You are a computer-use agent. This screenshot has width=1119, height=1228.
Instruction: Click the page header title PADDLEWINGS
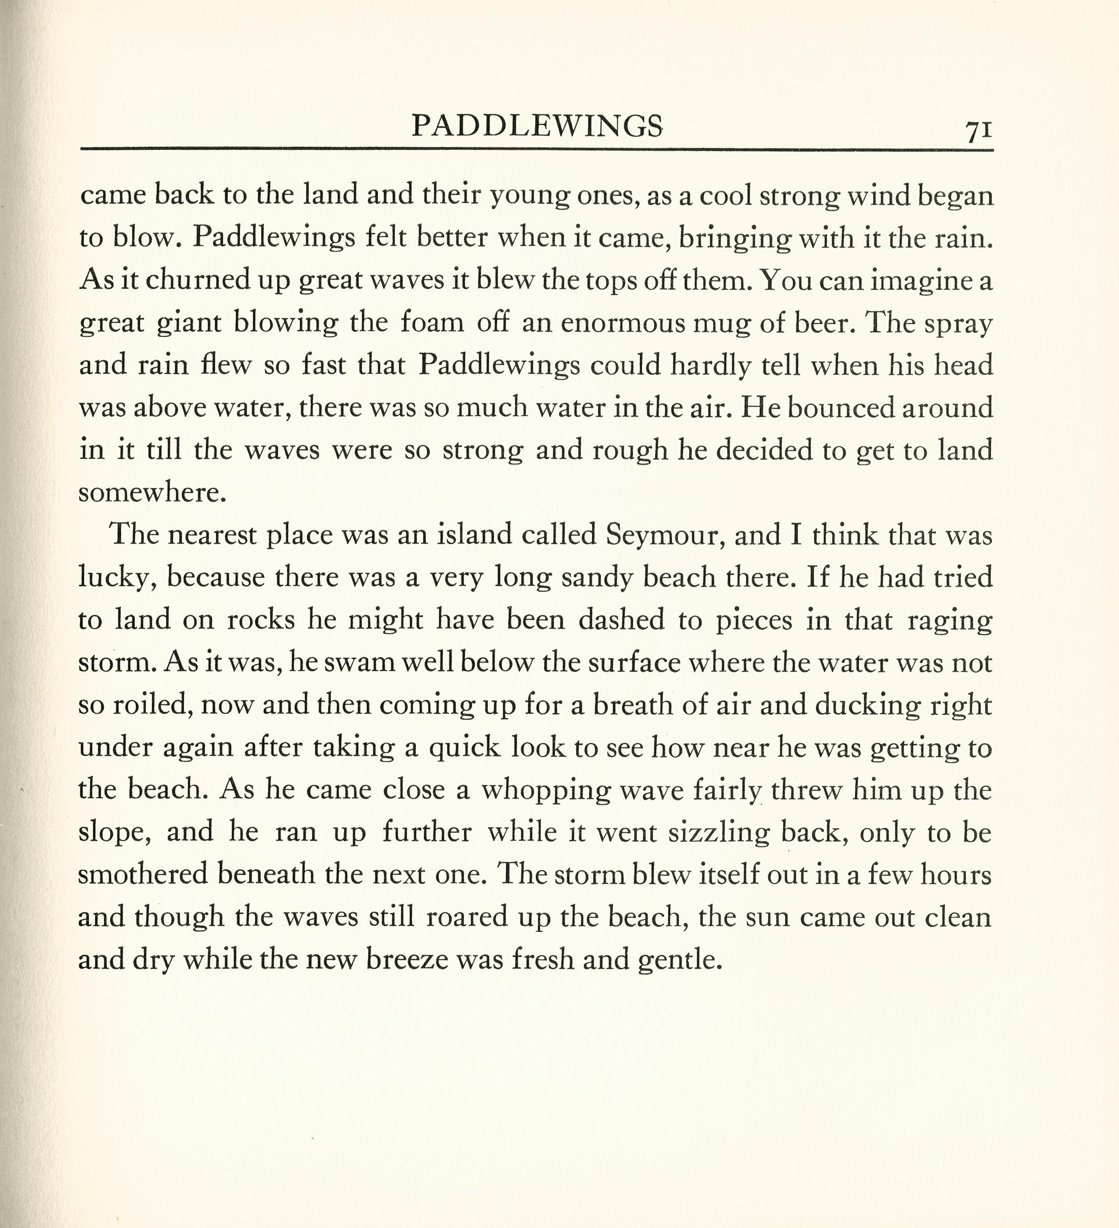pos(537,126)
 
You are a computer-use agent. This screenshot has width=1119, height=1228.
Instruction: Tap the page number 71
pos(978,131)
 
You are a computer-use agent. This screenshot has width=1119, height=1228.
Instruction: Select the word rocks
pos(261,620)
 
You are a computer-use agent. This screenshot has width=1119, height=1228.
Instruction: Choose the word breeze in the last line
pos(405,959)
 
